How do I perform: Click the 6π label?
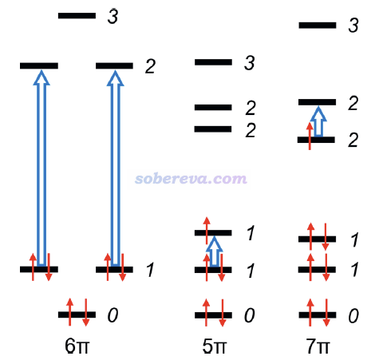click(77, 346)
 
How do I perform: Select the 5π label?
click(215, 346)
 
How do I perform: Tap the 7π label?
click(318, 346)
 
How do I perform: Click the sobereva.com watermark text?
click(191, 179)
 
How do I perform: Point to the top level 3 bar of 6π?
click(77, 15)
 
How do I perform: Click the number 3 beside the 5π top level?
click(250, 63)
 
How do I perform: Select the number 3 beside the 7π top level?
click(353, 26)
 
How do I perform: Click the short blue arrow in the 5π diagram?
click(215, 251)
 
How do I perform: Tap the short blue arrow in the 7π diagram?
click(318, 121)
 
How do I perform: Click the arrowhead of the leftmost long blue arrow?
click(41, 77)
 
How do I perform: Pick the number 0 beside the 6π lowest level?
click(113, 315)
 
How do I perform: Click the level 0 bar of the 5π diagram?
click(213, 315)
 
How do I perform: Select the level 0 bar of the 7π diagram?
click(318, 315)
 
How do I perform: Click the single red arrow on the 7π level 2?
click(310, 136)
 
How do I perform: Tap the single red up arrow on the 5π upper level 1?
click(207, 231)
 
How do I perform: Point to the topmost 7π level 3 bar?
click(318, 26)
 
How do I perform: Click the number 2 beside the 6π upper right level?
click(150, 66)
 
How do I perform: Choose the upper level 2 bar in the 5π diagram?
click(213, 107)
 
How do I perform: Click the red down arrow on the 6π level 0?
click(85, 312)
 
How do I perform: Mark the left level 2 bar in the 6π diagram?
click(39, 65)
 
